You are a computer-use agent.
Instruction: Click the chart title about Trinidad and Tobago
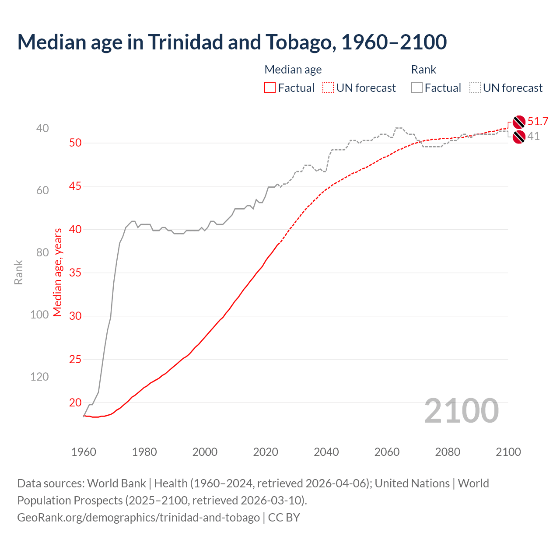tap(232, 42)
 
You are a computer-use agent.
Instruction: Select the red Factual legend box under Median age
tap(270, 88)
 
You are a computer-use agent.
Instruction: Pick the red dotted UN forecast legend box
tap(328, 88)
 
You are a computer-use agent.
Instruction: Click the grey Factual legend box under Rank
tap(417, 88)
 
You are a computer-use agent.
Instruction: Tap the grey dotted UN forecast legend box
tap(475, 88)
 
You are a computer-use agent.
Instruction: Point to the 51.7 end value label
tap(538, 122)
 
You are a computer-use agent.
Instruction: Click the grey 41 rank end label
tap(533, 136)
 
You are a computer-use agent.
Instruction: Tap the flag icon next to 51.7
tap(519, 122)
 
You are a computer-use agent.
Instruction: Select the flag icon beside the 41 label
tap(519, 137)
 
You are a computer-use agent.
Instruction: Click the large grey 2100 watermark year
tap(461, 411)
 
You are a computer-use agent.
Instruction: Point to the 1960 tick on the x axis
tap(84, 452)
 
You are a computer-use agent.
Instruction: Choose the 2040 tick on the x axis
tap(326, 452)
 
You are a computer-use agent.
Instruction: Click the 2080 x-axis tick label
tap(448, 452)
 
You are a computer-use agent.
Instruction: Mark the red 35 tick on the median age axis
tap(75, 273)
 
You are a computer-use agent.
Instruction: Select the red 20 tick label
tap(75, 402)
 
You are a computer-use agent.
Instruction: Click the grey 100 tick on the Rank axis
tap(39, 315)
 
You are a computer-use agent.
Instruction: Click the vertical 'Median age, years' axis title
tap(58, 272)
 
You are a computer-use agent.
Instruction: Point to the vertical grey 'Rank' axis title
tap(18, 272)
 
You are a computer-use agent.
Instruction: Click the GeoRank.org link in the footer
tap(138, 518)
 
